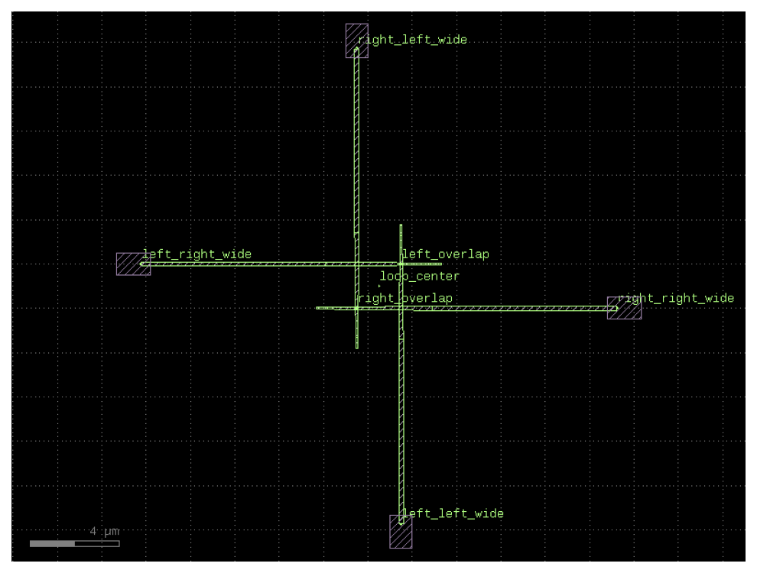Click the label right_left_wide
(412, 40)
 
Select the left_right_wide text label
(197, 254)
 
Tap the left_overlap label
(446, 254)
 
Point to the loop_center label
(420, 276)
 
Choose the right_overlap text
(405, 298)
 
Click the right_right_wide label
(676, 298)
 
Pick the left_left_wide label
(453, 513)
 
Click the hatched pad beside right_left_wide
(357, 41)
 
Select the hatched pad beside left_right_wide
(133, 264)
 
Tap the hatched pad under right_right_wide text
(624, 308)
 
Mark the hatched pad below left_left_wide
(401, 532)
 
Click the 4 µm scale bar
(74, 543)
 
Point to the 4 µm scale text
(104, 531)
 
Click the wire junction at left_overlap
(401, 264)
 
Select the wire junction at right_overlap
(357, 308)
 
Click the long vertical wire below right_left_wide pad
(357, 198)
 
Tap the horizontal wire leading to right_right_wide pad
(466, 308)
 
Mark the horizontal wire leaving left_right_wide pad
(291, 264)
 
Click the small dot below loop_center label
(379, 286)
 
